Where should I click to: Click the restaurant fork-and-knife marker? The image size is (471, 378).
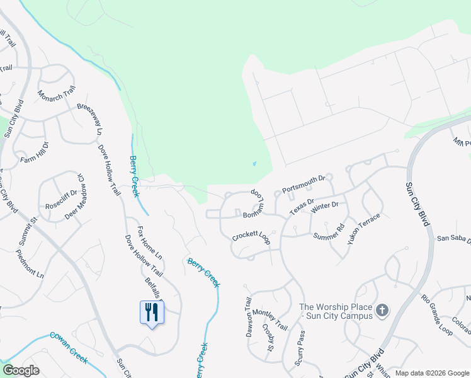(151, 312)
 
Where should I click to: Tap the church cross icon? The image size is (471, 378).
(382, 310)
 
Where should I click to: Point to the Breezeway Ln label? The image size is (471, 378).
(89, 119)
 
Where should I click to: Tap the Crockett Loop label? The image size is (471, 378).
(251, 236)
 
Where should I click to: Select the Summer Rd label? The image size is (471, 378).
(330, 231)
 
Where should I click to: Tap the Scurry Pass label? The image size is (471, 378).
(302, 348)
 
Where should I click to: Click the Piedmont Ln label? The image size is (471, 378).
(31, 265)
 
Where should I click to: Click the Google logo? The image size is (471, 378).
(21, 370)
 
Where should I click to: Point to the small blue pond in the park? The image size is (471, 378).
(254, 164)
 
